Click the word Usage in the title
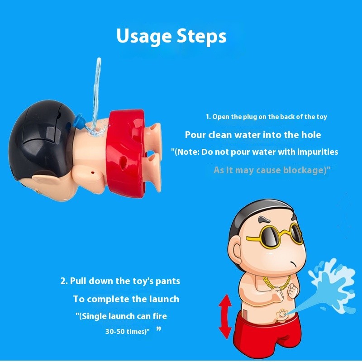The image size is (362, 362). (144, 36)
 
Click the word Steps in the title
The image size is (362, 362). (201, 36)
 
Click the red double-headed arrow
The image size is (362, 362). (225, 316)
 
